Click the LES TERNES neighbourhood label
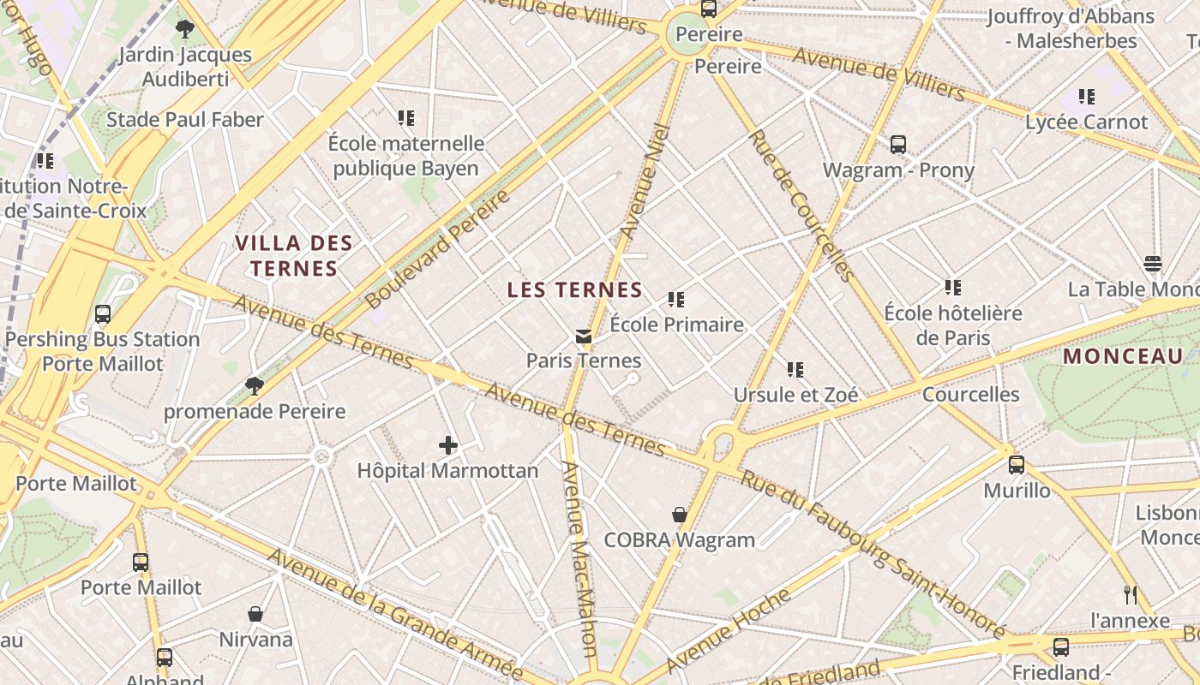click(574, 290)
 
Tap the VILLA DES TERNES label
click(294, 256)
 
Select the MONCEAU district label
click(1123, 356)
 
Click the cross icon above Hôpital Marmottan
click(448, 445)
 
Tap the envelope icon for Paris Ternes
click(584, 337)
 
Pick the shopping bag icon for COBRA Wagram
click(680, 515)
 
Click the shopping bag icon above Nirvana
click(255, 614)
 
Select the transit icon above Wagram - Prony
click(898, 145)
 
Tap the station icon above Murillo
click(1017, 465)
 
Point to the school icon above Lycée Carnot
click(1087, 97)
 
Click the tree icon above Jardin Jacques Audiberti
click(184, 29)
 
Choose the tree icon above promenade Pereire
click(255, 385)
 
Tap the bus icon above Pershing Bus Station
click(103, 314)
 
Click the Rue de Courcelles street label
click(801, 205)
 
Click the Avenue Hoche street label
click(728, 629)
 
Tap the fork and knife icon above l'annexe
click(1131, 594)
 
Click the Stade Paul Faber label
click(185, 120)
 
